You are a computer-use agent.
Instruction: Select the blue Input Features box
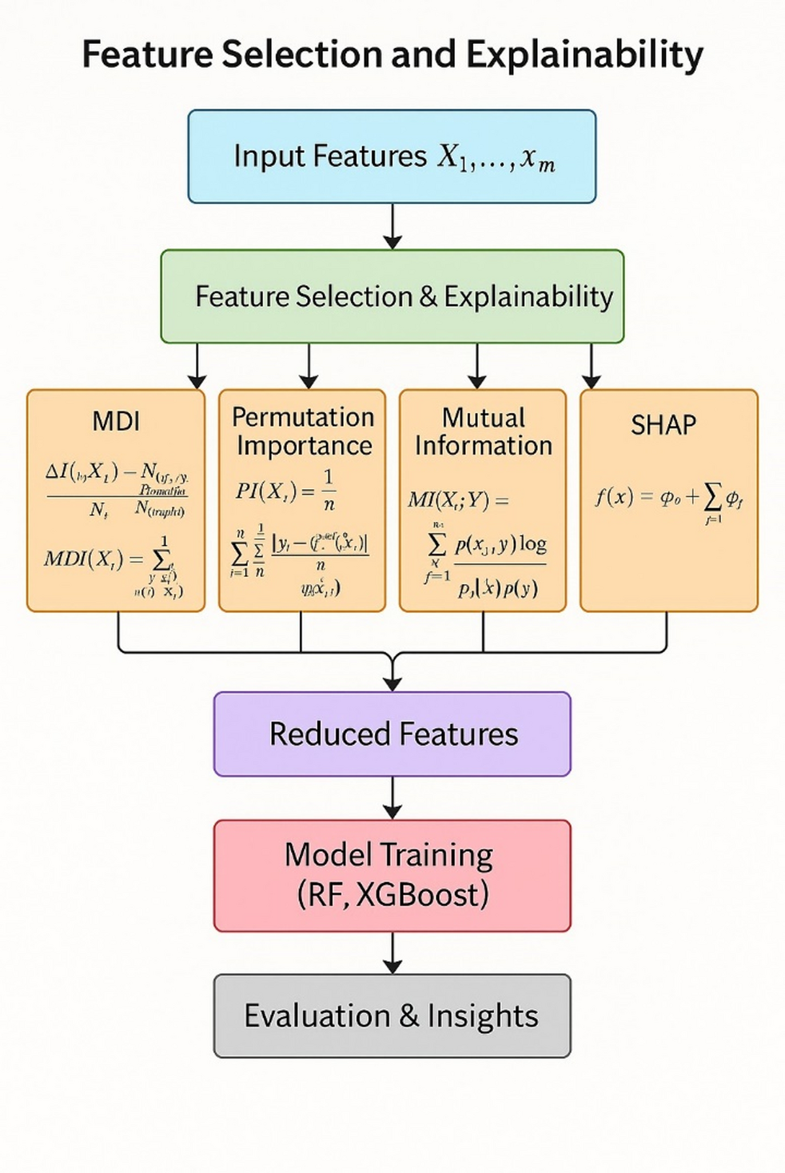[392, 157]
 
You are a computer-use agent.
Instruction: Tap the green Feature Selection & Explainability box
[392, 296]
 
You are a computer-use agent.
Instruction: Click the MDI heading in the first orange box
[116, 421]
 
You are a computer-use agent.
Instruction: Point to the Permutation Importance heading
[303, 431]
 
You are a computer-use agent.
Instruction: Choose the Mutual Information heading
[483, 431]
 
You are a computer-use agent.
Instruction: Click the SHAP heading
[663, 425]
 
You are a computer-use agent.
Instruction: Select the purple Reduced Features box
[392, 734]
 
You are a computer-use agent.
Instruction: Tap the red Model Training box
[392, 875]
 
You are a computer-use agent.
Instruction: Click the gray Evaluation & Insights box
[392, 1016]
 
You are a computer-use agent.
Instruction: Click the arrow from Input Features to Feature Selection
[392, 227]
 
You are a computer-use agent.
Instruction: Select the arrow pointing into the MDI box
[197, 368]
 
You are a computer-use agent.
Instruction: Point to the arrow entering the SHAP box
[591, 368]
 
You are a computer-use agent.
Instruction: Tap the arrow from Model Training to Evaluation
[392, 953]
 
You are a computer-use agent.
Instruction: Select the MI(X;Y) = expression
[458, 500]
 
